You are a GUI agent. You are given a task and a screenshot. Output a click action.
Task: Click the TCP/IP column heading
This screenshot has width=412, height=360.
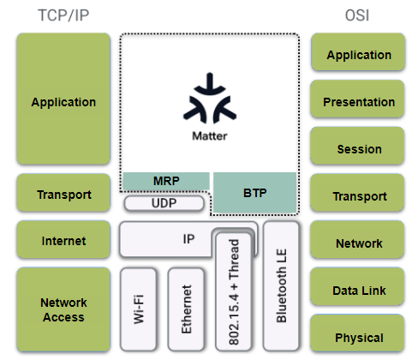tap(63, 15)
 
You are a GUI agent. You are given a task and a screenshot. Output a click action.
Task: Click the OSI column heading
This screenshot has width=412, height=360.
tap(357, 15)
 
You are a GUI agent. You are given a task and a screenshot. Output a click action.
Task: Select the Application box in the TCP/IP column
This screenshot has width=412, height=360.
tap(63, 99)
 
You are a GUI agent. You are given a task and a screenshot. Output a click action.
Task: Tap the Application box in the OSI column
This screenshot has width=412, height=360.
tap(358, 51)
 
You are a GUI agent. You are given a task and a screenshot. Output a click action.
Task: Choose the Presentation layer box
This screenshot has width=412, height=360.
tap(357, 99)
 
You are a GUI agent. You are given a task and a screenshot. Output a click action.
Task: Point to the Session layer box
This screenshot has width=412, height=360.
tap(357, 146)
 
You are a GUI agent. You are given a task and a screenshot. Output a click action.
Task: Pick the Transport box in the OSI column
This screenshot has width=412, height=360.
tap(357, 193)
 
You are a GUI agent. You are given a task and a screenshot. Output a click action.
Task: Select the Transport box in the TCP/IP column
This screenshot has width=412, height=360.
tap(63, 193)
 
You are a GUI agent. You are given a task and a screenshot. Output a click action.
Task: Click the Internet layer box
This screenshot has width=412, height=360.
tap(63, 239)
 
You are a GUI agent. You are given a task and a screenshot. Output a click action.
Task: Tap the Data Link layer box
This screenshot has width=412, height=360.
tap(357, 286)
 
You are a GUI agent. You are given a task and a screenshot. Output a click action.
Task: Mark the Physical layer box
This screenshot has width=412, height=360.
tap(357, 333)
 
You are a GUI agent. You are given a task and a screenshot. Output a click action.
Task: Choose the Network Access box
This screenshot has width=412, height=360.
tap(63, 309)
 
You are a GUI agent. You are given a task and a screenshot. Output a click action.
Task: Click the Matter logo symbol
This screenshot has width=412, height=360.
tap(210, 99)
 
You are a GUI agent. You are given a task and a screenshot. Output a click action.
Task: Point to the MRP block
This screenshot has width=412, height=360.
tap(166, 181)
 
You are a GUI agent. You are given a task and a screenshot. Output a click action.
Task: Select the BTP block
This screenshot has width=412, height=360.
tap(255, 193)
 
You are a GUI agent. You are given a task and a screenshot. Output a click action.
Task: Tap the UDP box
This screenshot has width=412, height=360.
tap(164, 203)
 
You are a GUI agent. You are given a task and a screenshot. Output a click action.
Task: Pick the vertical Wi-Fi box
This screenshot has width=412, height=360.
tap(139, 309)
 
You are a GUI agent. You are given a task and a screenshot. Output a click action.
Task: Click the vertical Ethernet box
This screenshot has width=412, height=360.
tap(186, 309)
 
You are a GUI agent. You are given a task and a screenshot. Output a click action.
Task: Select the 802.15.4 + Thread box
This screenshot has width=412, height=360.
tap(234, 291)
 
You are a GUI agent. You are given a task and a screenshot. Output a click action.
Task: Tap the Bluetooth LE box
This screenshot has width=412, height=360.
tap(281, 286)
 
